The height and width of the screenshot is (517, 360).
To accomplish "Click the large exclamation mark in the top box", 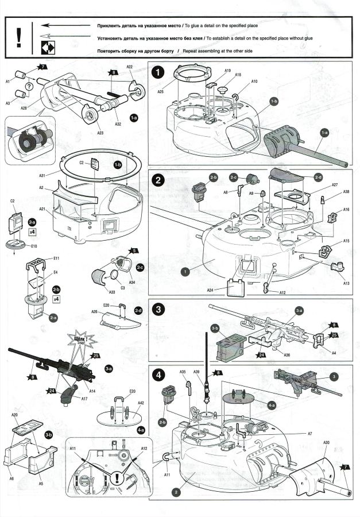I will pos(19,37).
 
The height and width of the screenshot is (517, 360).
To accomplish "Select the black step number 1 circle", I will pos(158,74).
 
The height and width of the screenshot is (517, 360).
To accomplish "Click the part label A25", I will pos(161,92).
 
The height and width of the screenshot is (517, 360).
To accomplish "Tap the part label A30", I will pos(326,443).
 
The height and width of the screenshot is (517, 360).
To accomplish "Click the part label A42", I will pos(141,403).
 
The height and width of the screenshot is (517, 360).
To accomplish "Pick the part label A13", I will pos(346,283).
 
